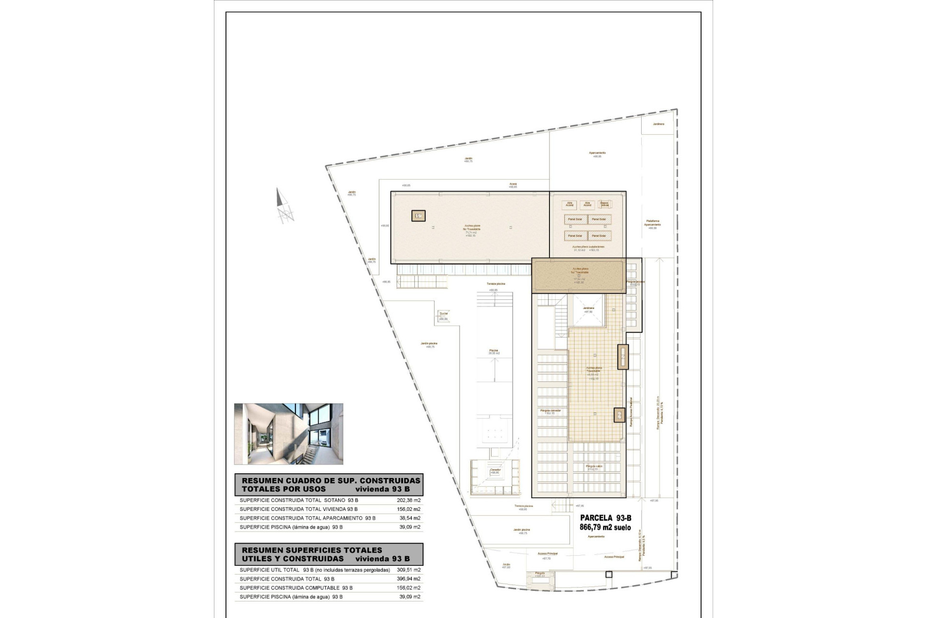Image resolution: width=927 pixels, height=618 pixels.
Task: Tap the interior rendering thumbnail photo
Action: pyautogui.click(x=289, y=434)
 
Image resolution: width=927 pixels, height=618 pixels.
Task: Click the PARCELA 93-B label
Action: pyautogui.click(x=605, y=518)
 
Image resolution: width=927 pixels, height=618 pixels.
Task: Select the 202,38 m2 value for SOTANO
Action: pyautogui.click(x=408, y=500)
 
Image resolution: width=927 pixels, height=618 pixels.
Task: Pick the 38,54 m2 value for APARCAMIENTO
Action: pyautogui.click(x=410, y=518)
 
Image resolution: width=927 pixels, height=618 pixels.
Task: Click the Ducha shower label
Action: pyautogui.click(x=443, y=314)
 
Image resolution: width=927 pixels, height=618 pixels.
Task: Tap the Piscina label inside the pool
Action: pyautogui.click(x=493, y=351)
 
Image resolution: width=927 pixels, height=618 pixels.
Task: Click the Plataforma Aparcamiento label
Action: pyautogui.click(x=652, y=223)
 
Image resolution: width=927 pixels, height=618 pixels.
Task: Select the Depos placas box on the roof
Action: pyautogui.click(x=604, y=204)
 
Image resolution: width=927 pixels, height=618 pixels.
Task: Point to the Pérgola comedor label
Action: pyautogui.click(x=550, y=411)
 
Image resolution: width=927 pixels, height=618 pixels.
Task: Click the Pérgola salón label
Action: pyautogui.click(x=594, y=467)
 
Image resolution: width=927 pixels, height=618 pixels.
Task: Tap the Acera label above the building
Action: pyautogui.click(x=513, y=184)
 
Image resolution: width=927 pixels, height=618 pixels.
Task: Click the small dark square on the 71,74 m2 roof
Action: pyautogui.click(x=418, y=216)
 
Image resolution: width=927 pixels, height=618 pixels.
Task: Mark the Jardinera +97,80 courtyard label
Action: pyautogui.click(x=588, y=309)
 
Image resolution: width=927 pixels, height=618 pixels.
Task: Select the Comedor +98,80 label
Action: pyautogui.click(x=495, y=471)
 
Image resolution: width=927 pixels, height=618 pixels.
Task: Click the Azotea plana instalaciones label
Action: pyautogui.click(x=588, y=247)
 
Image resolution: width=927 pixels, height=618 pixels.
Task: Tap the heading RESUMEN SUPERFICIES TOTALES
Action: pyautogui.click(x=311, y=550)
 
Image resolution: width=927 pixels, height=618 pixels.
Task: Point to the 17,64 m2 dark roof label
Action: pyautogui.click(x=579, y=279)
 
